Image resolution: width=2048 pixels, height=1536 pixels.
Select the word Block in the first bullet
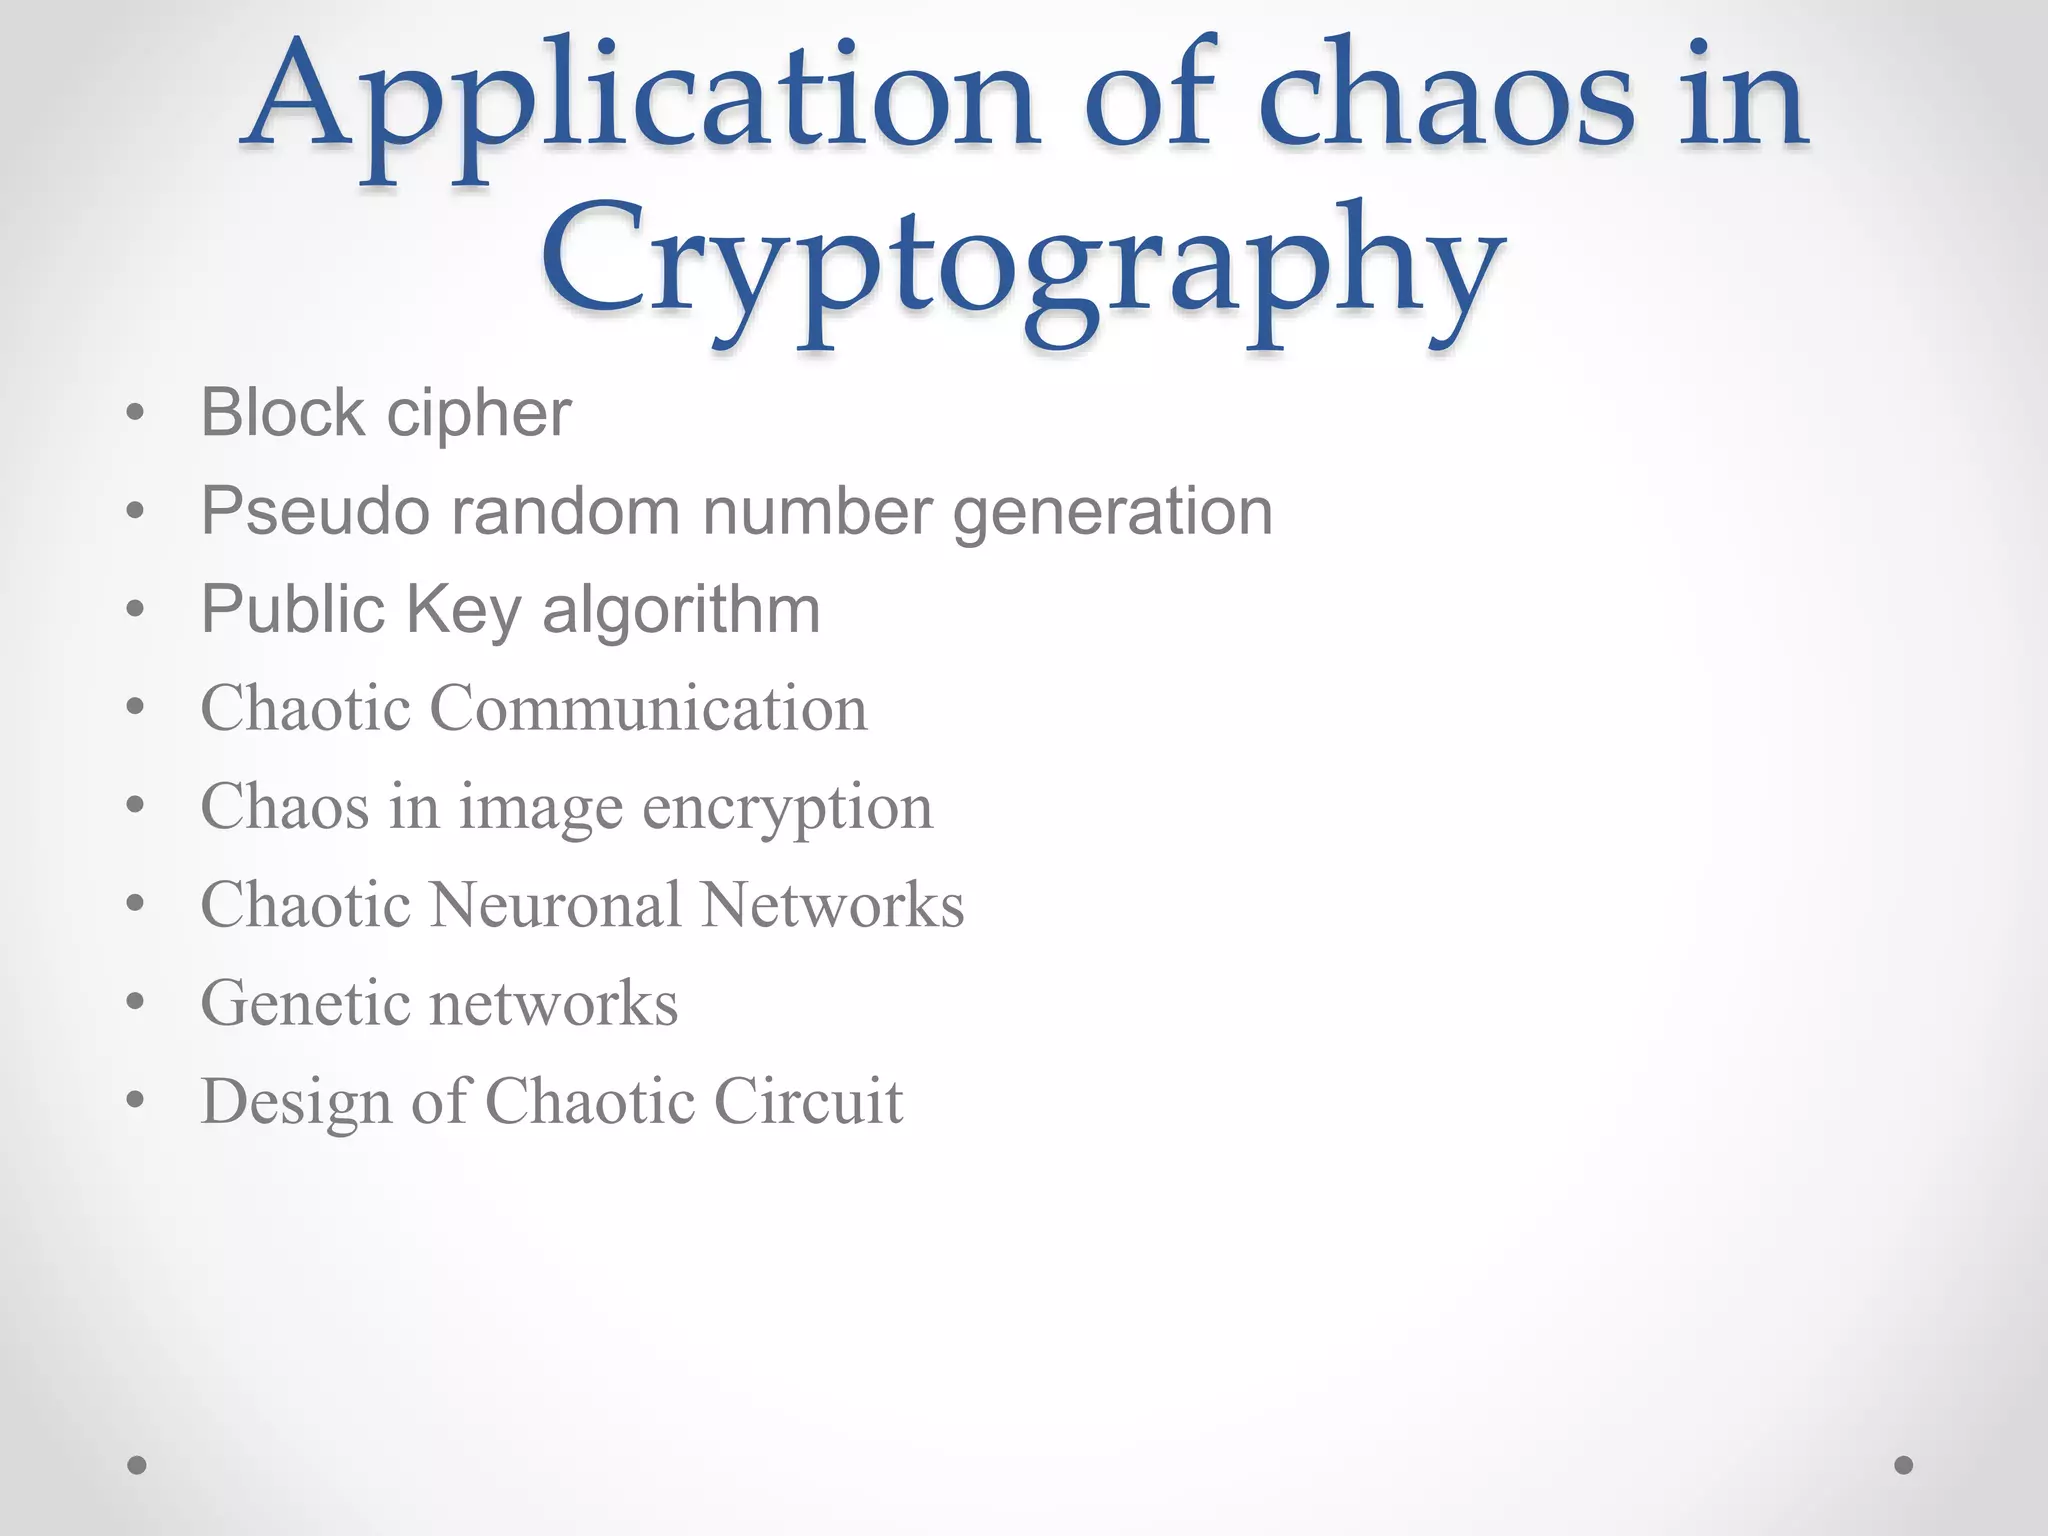(282, 412)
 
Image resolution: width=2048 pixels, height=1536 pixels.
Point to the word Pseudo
(315, 511)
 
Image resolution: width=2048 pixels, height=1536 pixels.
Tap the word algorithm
(680, 610)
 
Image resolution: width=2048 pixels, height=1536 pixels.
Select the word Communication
(648, 708)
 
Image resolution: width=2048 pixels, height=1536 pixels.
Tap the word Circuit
(808, 1101)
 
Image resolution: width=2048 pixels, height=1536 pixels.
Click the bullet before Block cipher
(136, 413)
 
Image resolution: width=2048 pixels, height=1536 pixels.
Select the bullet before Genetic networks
(136, 1002)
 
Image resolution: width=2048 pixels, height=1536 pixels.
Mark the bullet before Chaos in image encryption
(136, 805)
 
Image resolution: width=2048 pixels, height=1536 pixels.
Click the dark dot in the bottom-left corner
(137, 1465)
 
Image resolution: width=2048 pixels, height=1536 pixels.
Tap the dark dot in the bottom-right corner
(1904, 1465)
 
